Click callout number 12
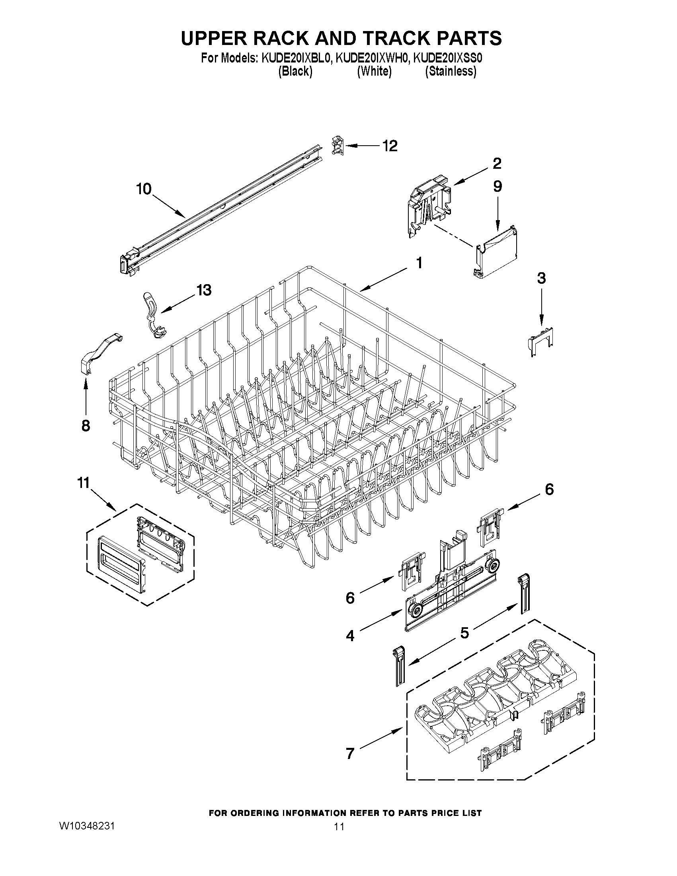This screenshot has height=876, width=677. click(x=389, y=146)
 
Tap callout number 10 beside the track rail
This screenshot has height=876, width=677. click(x=144, y=188)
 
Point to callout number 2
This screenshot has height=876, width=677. click(x=497, y=163)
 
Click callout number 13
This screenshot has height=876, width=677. click(x=204, y=290)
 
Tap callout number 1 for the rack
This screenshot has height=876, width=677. click(x=419, y=263)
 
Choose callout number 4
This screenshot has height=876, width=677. click(x=350, y=636)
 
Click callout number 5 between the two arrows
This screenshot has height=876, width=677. click(x=464, y=633)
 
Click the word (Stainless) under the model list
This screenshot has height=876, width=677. click(x=451, y=71)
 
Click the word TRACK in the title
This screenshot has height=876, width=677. click(x=393, y=38)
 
